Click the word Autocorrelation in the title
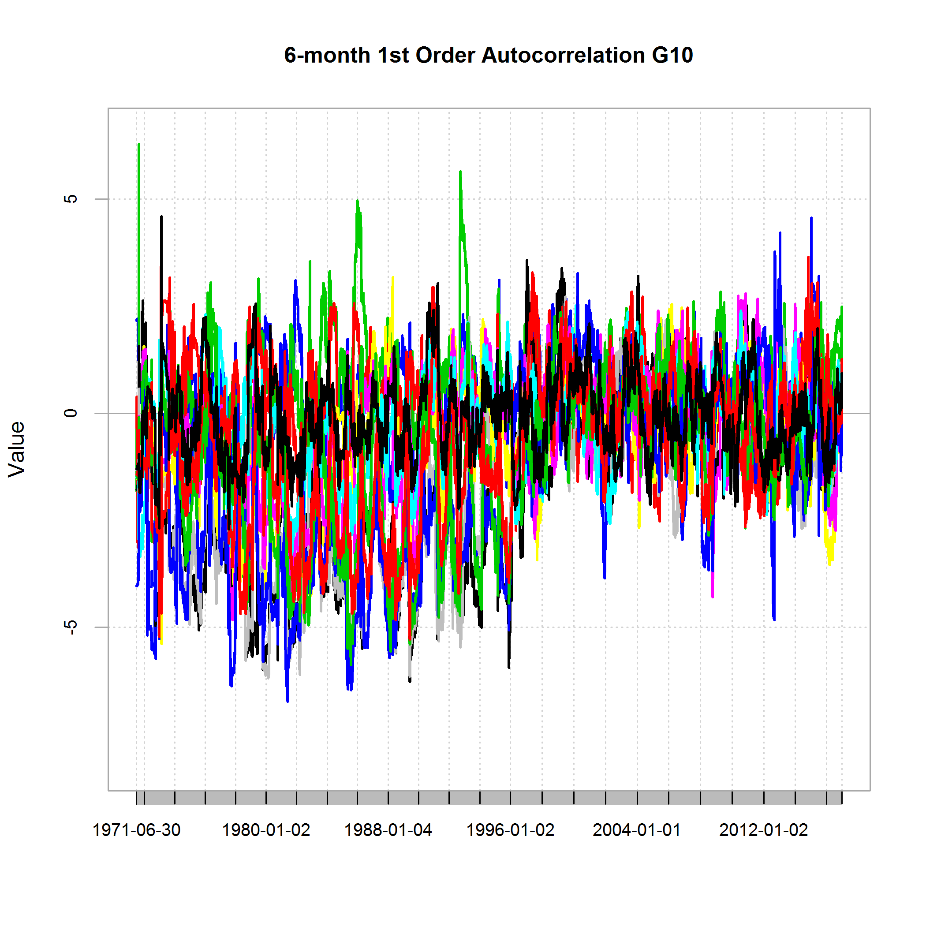tap(563, 56)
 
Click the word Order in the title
tap(446, 56)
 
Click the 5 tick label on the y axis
tap(71, 199)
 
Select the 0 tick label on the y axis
tap(71, 413)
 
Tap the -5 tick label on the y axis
tap(71, 627)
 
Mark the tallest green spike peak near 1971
tap(139, 144)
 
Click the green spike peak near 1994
tap(460, 172)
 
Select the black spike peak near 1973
tap(161, 217)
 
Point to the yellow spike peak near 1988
tap(392, 277)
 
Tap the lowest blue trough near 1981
tap(288, 701)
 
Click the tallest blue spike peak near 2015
tap(811, 218)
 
